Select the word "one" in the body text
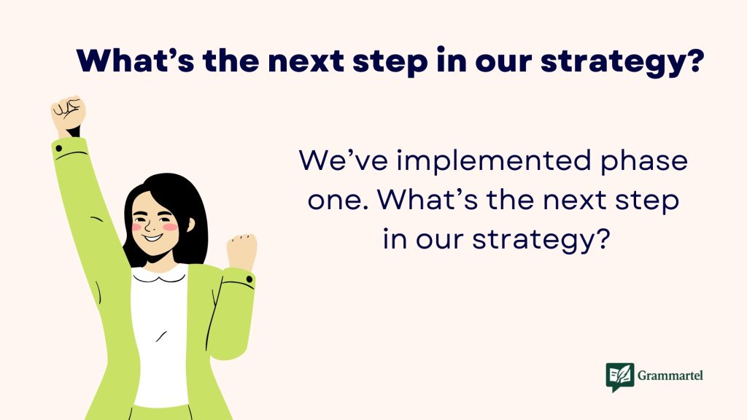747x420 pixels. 330,201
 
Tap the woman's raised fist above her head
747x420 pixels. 68,114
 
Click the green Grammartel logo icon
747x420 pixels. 619,377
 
